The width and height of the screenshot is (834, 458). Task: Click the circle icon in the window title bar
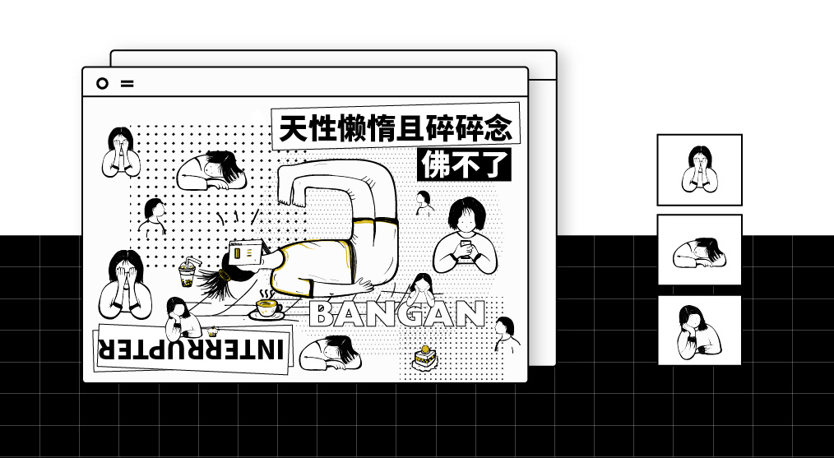(102, 84)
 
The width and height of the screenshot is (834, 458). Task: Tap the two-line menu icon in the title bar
(127, 84)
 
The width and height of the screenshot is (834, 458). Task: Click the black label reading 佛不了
(465, 165)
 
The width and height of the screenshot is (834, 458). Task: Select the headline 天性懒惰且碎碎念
(396, 127)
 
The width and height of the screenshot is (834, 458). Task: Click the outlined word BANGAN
(396, 314)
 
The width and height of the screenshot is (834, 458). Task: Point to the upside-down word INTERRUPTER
(191, 349)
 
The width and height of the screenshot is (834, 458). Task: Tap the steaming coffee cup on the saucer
(267, 308)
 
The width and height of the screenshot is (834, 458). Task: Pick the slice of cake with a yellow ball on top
(424, 358)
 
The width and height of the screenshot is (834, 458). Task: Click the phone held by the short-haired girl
(466, 248)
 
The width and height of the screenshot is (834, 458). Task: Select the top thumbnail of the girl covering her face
(699, 169)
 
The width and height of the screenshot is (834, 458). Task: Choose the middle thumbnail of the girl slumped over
(699, 249)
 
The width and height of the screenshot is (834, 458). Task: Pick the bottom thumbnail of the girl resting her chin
(699, 331)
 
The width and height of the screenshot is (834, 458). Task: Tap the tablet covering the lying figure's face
(246, 252)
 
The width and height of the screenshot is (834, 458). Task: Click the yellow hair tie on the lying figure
(224, 275)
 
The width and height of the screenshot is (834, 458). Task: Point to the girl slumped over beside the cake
(331, 353)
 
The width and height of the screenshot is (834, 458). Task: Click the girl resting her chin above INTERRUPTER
(181, 319)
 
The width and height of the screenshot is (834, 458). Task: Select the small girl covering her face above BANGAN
(421, 289)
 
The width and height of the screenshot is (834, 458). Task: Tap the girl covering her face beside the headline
(121, 152)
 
